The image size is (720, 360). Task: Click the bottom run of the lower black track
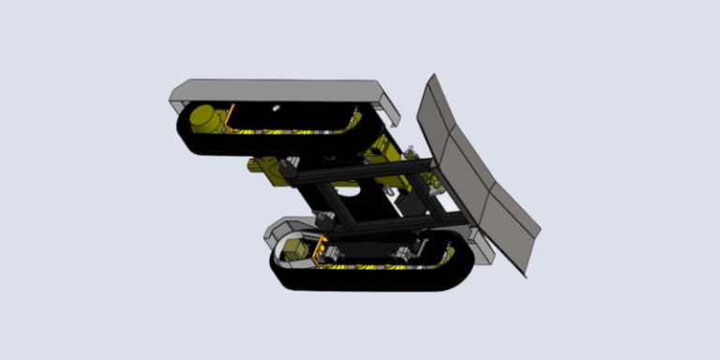(x=375, y=281)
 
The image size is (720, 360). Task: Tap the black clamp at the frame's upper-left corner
(x=291, y=172)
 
